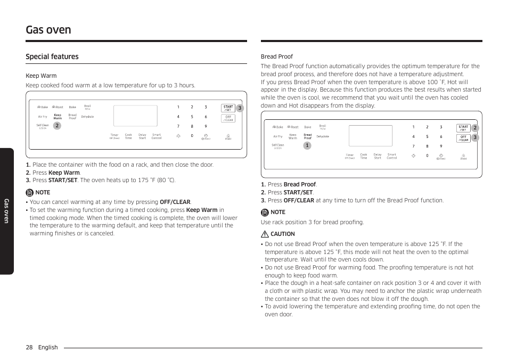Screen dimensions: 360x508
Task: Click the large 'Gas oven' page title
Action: click(x=48, y=30)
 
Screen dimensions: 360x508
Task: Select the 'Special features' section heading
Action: click(x=52, y=57)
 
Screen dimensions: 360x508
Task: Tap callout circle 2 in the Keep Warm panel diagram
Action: click(x=57, y=126)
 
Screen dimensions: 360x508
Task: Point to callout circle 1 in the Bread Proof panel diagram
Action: click(x=307, y=145)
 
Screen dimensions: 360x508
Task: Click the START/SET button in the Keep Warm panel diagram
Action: click(x=228, y=108)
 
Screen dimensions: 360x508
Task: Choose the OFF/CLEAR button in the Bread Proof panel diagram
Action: click(x=463, y=138)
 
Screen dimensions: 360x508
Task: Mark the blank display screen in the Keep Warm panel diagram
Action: click(x=135, y=116)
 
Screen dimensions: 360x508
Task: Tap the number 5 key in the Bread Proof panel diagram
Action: click(x=427, y=137)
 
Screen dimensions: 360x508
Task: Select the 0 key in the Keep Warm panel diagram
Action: click(x=192, y=136)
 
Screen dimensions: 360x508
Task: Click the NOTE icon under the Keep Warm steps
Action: click(x=30, y=192)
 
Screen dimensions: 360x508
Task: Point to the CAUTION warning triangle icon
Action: click(x=265, y=234)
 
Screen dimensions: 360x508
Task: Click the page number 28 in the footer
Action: click(x=29, y=347)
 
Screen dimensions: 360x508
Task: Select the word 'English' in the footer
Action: click(x=48, y=347)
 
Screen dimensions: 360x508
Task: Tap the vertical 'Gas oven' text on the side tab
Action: click(x=6, y=211)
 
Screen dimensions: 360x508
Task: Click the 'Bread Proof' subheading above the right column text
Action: click(x=276, y=56)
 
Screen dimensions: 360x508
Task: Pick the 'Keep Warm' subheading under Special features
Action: click(x=41, y=76)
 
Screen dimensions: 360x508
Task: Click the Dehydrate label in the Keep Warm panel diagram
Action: click(x=87, y=117)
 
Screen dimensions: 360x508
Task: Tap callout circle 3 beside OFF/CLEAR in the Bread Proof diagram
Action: click(x=475, y=138)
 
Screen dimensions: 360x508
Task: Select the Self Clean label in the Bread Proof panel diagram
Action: click(x=278, y=145)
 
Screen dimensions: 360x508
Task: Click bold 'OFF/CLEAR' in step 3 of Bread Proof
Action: click(x=299, y=200)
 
